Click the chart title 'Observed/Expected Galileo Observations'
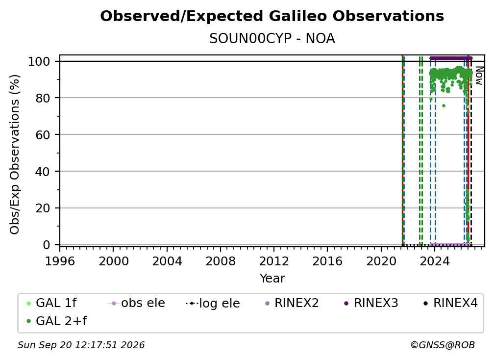click(272, 16)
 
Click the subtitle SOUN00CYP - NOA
click(272, 39)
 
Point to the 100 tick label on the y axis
click(39, 61)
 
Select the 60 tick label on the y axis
click(43, 134)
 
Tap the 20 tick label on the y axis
click(43, 208)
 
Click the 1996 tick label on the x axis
click(60, 261)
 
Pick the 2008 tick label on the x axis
click(221, 261)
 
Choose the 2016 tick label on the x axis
click(327, 261)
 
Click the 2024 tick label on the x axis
click(434, 261)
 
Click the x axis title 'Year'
click(272, 279)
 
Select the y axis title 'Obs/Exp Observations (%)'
click(15, 154)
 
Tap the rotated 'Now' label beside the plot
click(479, 76)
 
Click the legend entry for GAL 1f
click(51, 303)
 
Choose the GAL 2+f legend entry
click(56, 321)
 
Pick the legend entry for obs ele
click(136, 303)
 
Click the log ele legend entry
click(213, 303)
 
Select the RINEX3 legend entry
click(371, 303)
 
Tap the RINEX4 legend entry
click(450, 303)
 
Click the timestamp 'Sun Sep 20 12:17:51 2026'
click(81, 345)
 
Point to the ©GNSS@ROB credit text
click(443, 345)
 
